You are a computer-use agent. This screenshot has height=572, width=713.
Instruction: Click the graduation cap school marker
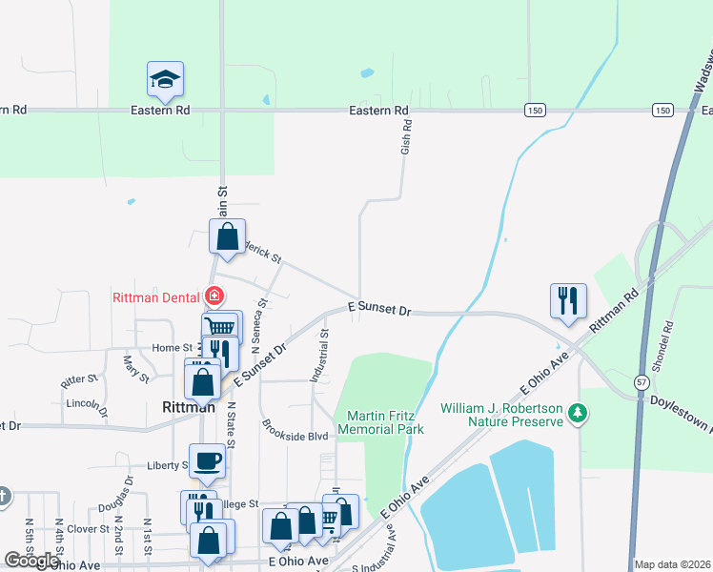(165, 80)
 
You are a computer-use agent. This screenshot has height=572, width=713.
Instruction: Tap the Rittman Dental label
(155, 296)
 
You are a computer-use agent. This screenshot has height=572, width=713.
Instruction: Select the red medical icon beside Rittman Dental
(214, 296)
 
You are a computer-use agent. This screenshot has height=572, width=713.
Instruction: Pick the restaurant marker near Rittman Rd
(568, 300)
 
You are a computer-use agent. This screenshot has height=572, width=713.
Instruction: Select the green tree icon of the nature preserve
(576, 414)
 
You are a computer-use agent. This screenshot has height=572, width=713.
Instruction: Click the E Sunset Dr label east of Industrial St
(378, 310)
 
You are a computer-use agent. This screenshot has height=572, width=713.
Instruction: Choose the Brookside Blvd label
(295, 436)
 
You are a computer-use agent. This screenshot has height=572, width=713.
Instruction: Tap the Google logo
(32, 561)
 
